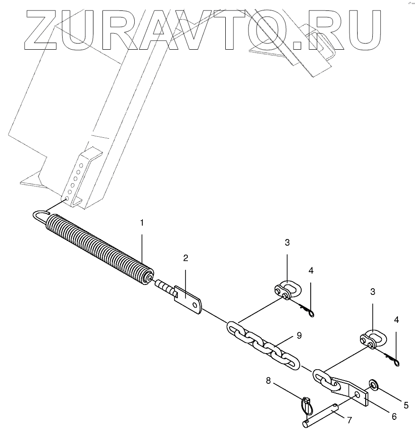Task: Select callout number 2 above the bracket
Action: pyautogui.click(x=185, y=258)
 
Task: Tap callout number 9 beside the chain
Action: pyautogui.click(x=299, y=336)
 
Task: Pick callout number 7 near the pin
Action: pyautogui.click(x=349, y=419)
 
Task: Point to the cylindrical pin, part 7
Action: pyautogui.click(x=322, y=412)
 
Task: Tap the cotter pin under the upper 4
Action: pyautogui.click(x=305, y=310)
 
